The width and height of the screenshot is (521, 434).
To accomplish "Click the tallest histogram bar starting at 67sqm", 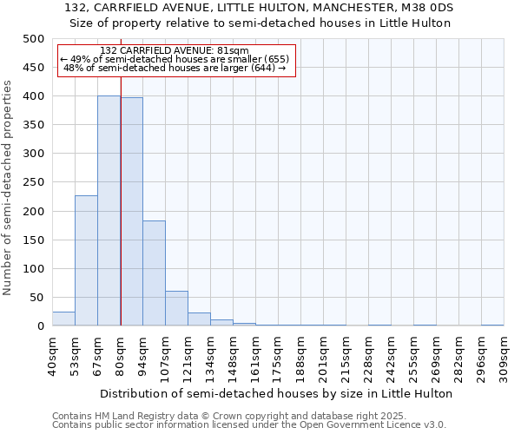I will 109,211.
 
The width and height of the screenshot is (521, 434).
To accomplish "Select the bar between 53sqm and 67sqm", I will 86,260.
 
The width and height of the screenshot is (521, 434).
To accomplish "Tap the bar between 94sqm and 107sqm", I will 154,273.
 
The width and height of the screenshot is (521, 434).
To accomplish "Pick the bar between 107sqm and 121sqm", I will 176,308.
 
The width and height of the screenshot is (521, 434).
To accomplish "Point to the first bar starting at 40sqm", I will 63,319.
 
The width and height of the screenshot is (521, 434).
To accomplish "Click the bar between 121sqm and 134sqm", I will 199,319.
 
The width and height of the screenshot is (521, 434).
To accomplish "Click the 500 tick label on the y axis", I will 34,39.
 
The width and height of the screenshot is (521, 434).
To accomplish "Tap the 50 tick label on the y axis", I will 37,298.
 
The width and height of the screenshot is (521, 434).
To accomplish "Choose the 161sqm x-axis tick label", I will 255,356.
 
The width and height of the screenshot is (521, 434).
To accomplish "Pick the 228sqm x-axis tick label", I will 368,356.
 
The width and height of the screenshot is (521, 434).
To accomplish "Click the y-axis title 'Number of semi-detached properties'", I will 9,187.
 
